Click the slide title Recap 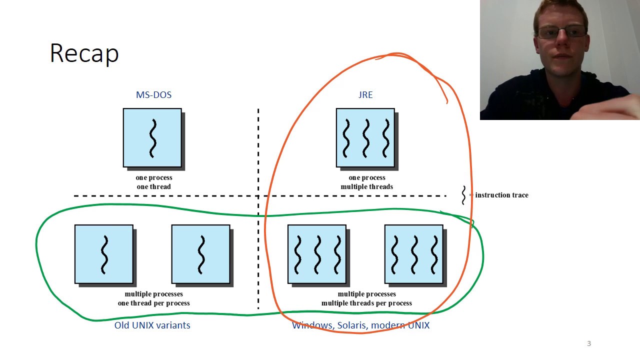coord(84,53)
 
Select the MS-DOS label coord(153,95)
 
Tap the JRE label coord(365,95)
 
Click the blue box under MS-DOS coord(152,138)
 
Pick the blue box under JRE coord(365,138)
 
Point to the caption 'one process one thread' coord(154,182)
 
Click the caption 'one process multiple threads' coord(367,182)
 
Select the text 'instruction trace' coord(501,195)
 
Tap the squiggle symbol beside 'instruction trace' coord(463,195)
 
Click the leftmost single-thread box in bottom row coord(104,254)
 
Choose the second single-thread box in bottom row coord(201,254)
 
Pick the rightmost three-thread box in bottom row coord(413,254)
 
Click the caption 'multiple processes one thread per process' coord(154,298)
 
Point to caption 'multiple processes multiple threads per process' coord(367,298)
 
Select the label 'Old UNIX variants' coord(152,325)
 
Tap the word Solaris coord(352,325)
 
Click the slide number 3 coord(589,343)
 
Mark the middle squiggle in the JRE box coord(365,138)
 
